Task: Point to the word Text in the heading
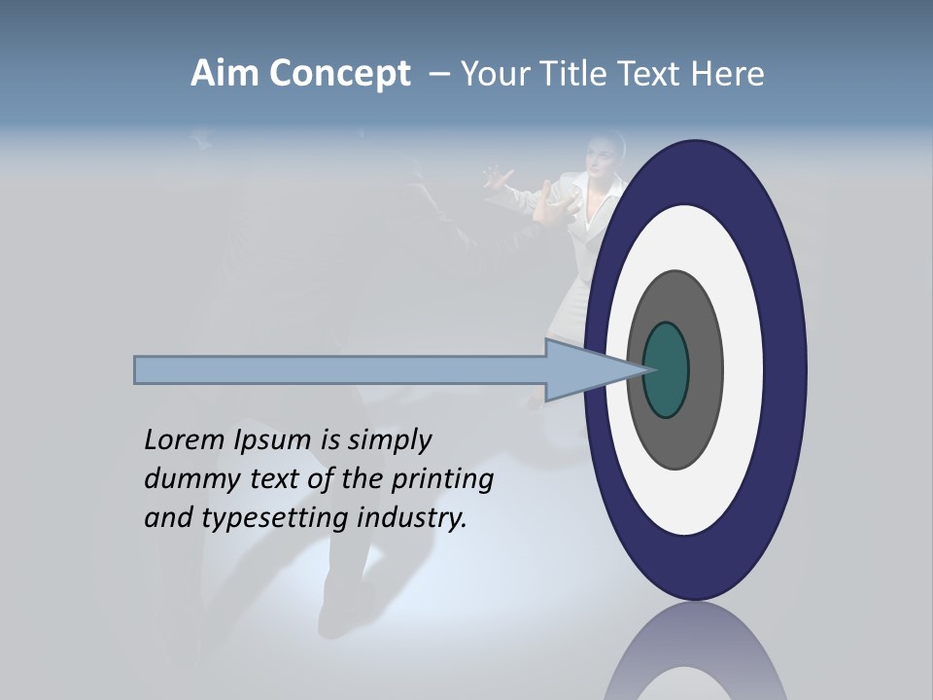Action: point(651,74)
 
